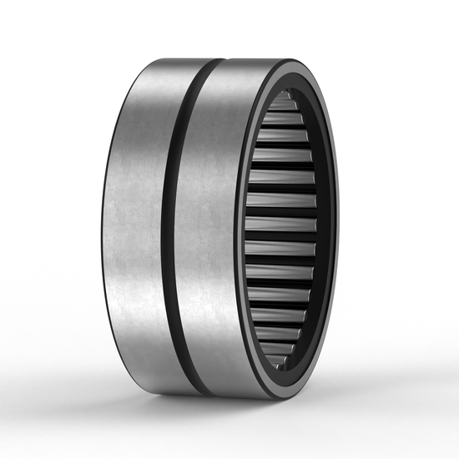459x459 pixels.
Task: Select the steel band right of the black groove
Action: (x=204, y=225)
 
